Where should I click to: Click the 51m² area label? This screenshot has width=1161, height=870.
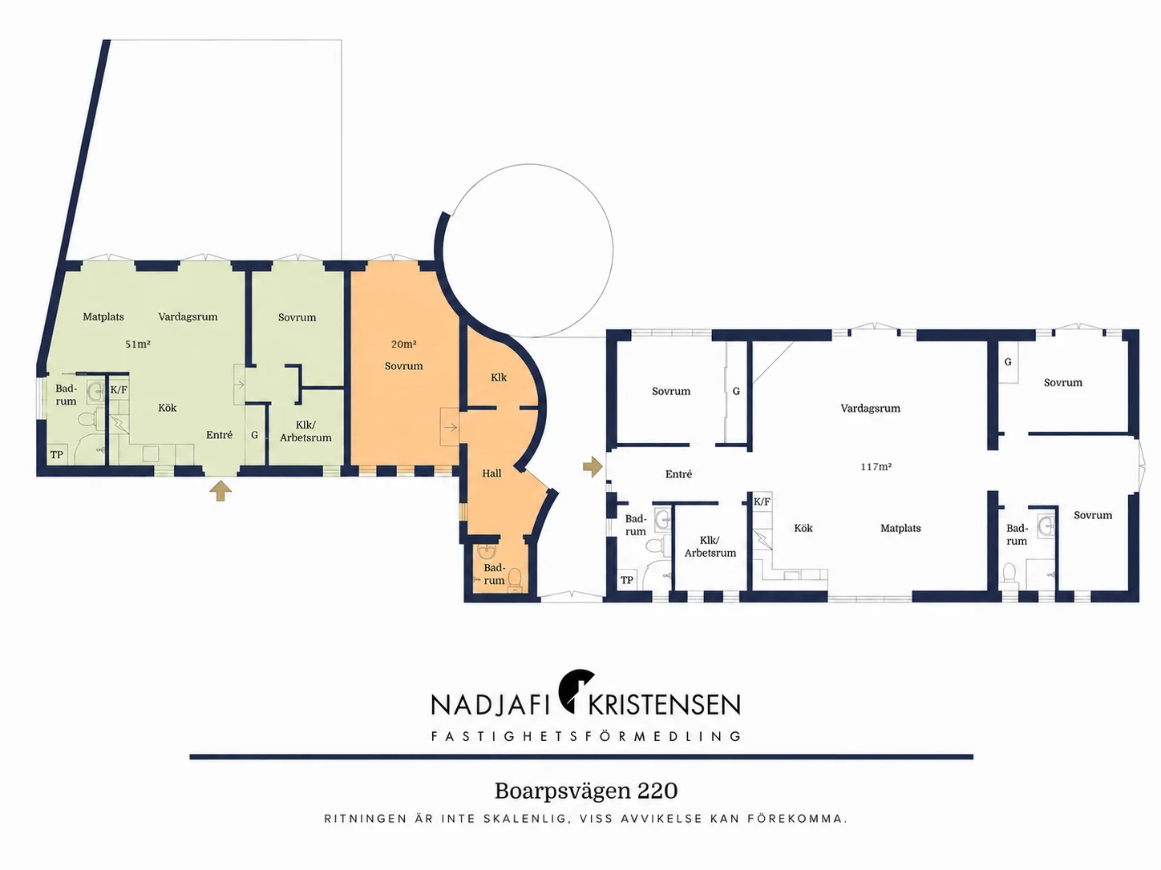point(138,344)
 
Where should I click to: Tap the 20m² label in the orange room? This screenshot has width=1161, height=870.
point(403,344)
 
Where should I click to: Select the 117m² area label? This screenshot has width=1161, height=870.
point(876,467)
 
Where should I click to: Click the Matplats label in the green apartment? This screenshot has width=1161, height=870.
point(103,317)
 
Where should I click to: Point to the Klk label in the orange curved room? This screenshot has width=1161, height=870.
point(499,377)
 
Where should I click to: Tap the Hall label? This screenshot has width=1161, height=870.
point(492,473)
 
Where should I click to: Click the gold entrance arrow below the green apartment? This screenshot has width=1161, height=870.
point(220,491)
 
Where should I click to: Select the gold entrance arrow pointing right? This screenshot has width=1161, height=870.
point(593,467)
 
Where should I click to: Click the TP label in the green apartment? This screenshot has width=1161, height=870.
point(57,455)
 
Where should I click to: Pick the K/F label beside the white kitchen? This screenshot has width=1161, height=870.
point(762,501)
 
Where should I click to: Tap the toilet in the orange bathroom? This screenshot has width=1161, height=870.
point(516,579)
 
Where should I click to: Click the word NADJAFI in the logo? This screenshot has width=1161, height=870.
point(492,705)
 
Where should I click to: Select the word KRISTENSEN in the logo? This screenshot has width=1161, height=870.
point(665,705)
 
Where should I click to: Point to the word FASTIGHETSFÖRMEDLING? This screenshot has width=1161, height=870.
point(586,736)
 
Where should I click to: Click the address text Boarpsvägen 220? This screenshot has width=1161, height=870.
point(586,791)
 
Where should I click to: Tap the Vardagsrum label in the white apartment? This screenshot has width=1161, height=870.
point(870,409)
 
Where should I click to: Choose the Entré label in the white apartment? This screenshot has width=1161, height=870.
point(678,474)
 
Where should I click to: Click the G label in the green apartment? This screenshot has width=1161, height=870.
point(254,435)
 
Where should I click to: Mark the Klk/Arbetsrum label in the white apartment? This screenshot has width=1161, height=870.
point(710,546)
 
